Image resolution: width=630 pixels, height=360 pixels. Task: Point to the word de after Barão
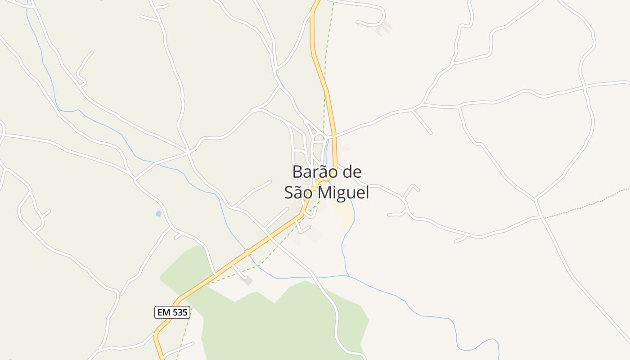point(351,172)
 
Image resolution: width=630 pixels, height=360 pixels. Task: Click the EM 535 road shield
point(172,312)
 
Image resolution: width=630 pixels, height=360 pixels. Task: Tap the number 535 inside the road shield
point(179,312)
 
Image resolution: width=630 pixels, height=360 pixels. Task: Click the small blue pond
point(158,213)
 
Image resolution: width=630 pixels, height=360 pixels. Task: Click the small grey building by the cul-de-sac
point(247,281)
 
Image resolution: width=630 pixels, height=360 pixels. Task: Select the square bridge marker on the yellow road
point(247,253)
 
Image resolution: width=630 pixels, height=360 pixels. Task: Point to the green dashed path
point(324,90)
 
